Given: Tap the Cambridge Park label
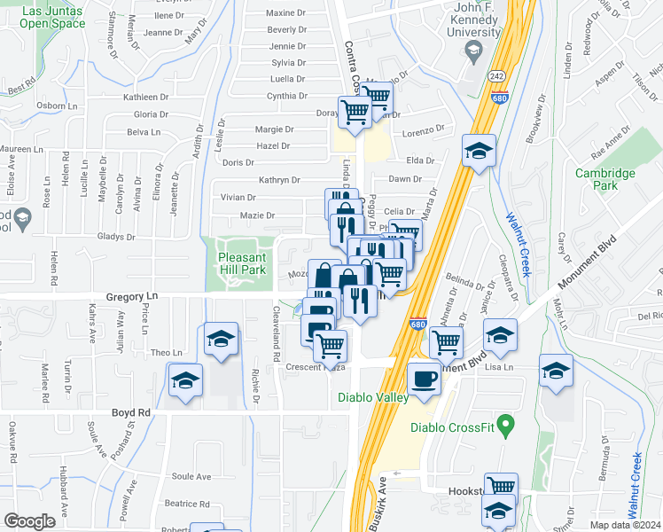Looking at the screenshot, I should (x=605, y=179).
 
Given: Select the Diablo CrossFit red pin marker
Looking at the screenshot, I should (x=506, y=426).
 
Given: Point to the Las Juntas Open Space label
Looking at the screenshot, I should (x=53, y=17).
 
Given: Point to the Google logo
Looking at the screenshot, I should (x=29, y=520).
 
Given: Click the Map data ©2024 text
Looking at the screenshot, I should (x=625, y=525).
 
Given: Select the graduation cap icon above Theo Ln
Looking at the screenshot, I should (x=221, y=339).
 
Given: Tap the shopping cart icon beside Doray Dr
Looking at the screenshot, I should (x=355, y=113).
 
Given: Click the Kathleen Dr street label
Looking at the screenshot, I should (x=146, y=97).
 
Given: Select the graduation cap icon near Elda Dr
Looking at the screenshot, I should (x=479, y=151).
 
